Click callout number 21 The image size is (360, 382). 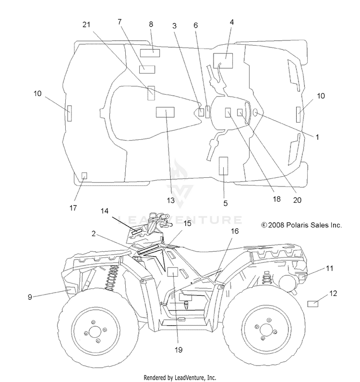[86, 25]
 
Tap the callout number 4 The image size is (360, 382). [232, 22]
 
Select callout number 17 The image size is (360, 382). [73, 208]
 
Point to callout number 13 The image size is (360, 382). [170, 200]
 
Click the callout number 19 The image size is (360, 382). [179, 350]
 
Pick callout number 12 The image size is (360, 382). [333, 293]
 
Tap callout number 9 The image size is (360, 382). [30, 297]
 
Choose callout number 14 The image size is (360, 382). [105, 211]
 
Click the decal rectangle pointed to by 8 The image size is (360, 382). [150, 53]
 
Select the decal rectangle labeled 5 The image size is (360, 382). [224, 166]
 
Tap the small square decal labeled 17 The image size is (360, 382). [84, 175]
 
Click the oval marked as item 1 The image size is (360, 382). [255, 112]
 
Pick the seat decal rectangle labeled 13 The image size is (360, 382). [165, 112]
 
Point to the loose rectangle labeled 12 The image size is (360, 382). [312, 304]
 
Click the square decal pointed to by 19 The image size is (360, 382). [173, 271]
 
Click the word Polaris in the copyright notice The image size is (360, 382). [295, 225]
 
